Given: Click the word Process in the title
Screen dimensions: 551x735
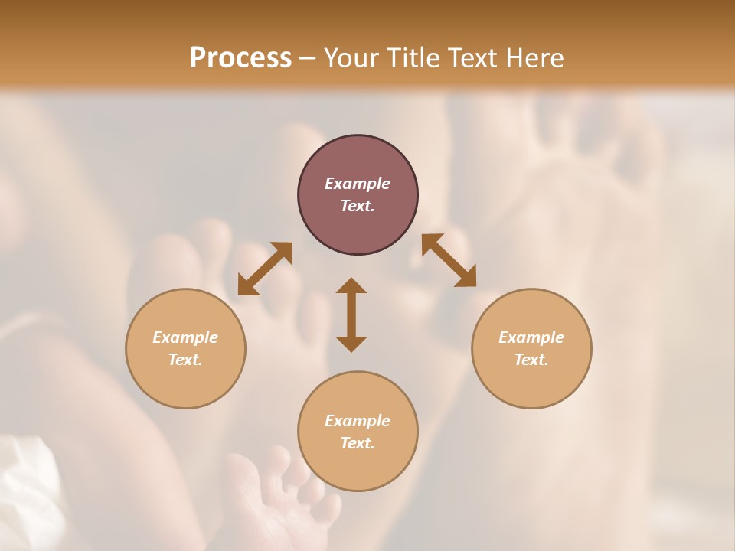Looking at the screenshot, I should (240, 58).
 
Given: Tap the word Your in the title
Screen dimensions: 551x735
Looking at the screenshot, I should (353, 58).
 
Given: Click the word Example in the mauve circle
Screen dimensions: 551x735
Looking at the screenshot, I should (358, 184).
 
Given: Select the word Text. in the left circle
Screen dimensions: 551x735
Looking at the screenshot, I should (185, 360).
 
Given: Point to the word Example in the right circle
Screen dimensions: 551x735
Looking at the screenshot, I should (531, 337).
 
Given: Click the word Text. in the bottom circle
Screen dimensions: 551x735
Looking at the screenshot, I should (358, 443).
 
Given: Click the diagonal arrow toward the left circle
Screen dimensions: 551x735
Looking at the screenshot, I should (265, 269).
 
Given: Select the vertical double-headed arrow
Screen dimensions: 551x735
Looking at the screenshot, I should (351, 315).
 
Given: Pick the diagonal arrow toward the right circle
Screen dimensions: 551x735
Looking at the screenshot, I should (449, 260).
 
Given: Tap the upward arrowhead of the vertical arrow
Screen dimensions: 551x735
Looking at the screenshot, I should (351, 286).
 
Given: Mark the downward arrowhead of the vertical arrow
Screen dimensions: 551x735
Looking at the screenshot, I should (351, 344).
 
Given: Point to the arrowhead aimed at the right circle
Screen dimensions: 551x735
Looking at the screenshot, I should (466, 278).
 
